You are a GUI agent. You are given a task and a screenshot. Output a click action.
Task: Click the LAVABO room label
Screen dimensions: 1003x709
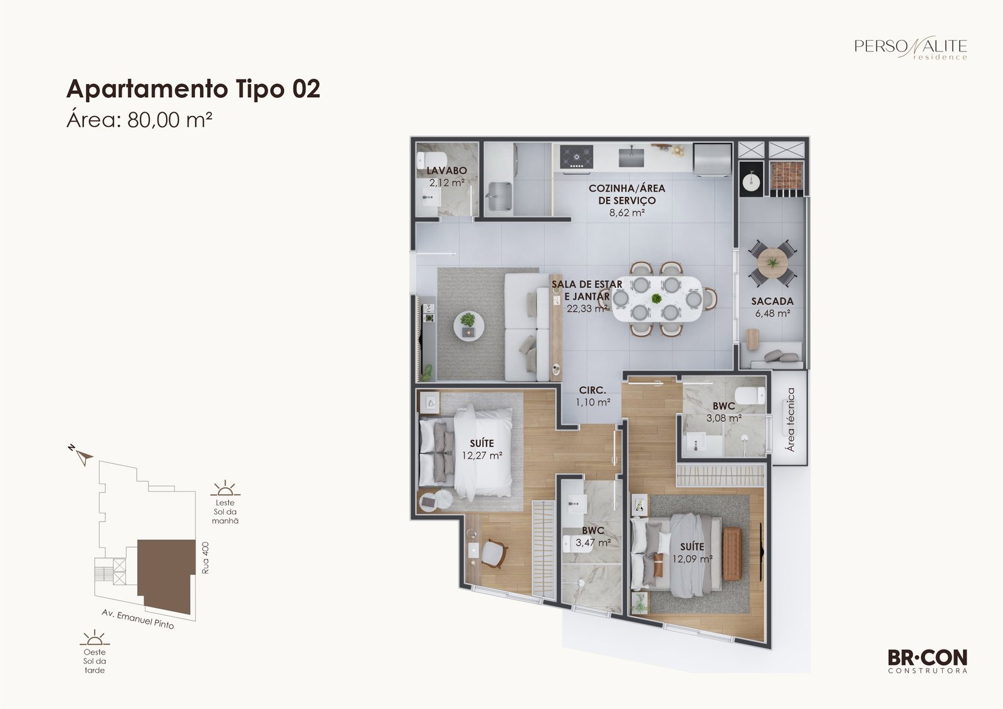tap(446, 170)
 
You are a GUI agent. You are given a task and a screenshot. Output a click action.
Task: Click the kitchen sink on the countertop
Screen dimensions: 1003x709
tap(631, 156)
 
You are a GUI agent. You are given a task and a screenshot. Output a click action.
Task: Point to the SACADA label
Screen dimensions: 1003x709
tap(772, 302)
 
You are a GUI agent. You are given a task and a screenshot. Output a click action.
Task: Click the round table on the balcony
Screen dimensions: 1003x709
tap(772, 263)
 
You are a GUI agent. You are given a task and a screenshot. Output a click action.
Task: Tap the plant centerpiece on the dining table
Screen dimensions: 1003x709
tap(656, 298)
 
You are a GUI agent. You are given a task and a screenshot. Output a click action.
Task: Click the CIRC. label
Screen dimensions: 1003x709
tap(592, 390)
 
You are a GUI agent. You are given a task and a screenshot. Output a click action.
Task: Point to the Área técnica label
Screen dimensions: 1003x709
tap(790, 419)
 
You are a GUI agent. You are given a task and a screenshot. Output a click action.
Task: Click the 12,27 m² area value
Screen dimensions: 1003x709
tap(482, 456)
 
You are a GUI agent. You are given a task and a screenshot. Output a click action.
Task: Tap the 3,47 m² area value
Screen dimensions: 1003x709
tap(593, 543)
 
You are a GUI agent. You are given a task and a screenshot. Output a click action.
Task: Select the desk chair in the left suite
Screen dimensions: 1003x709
tap(495, 554)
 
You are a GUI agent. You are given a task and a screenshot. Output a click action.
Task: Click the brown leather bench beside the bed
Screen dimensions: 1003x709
tap(732, 554)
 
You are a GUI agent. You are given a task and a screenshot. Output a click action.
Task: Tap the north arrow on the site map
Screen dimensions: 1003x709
tap(82, 456)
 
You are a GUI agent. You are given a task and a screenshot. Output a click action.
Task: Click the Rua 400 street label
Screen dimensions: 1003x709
tap(206, 558)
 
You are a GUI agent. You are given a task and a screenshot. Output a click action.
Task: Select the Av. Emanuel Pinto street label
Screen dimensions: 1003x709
tap(138, 619)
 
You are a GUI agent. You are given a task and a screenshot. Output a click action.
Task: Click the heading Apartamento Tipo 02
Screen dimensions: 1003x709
tap(193, 88)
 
